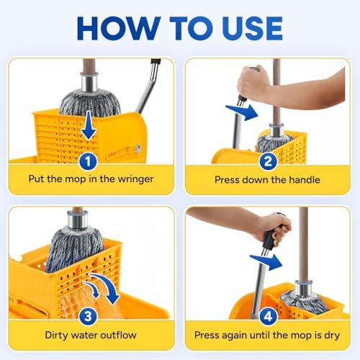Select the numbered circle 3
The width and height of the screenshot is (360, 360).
(x=88, y=315)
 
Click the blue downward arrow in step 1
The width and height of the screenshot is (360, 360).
(x=88, y=127)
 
